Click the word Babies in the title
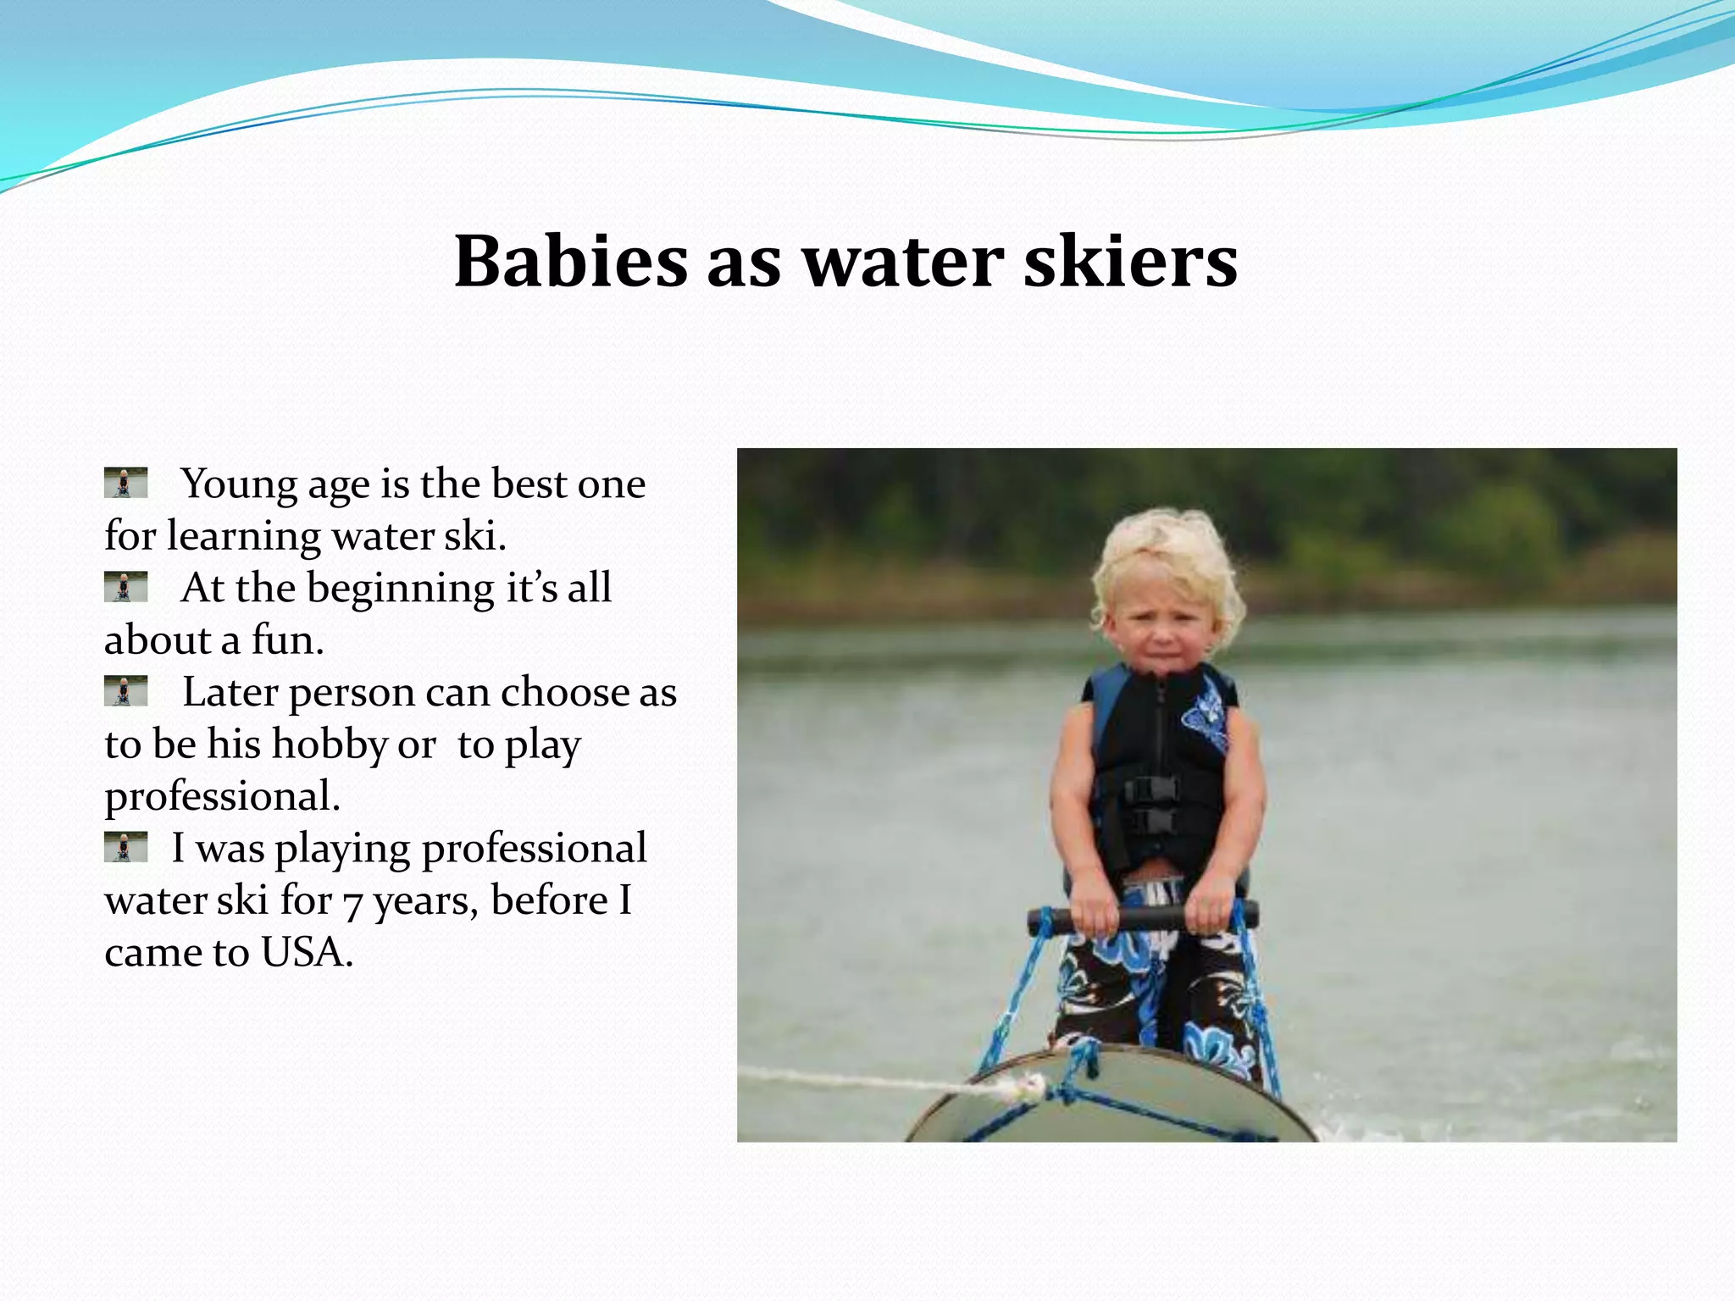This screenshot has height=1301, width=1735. (570, 261)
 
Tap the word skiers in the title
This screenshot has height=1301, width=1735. (1130, 261)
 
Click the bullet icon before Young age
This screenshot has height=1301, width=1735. (125, 482)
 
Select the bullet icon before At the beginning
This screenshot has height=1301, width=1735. (125, 586)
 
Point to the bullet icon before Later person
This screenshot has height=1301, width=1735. (125, 690)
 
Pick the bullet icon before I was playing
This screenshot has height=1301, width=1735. (125, 846)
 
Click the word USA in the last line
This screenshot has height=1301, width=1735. (306, 952)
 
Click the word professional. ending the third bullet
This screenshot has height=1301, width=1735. (222, 797)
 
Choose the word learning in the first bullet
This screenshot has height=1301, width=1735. (244, 537)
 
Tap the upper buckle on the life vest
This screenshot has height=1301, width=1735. (1150, 789)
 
